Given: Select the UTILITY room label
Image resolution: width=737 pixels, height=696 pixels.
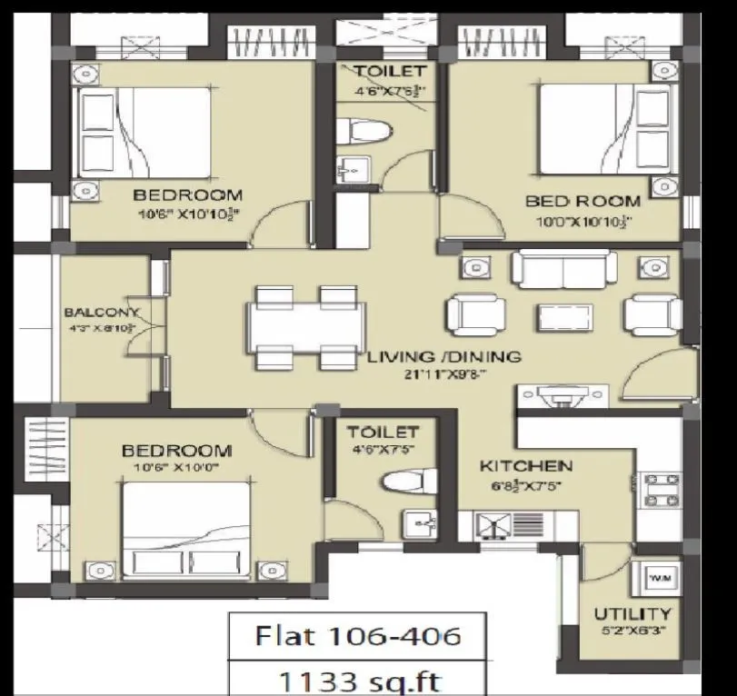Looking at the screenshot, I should click(x=632, y=614).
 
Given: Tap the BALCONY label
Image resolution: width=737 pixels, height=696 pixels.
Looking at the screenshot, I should click(x=101, y=313).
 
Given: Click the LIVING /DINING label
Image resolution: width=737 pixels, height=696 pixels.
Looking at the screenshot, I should click(x=443, y=357).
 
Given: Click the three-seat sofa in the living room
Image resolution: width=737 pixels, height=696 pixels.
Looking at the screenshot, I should click(x=563, y=269).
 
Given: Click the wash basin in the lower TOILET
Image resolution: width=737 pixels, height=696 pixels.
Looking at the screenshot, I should click(x=418, y=523).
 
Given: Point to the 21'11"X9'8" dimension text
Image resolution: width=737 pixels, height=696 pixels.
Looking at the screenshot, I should click(x=443, y=373).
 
